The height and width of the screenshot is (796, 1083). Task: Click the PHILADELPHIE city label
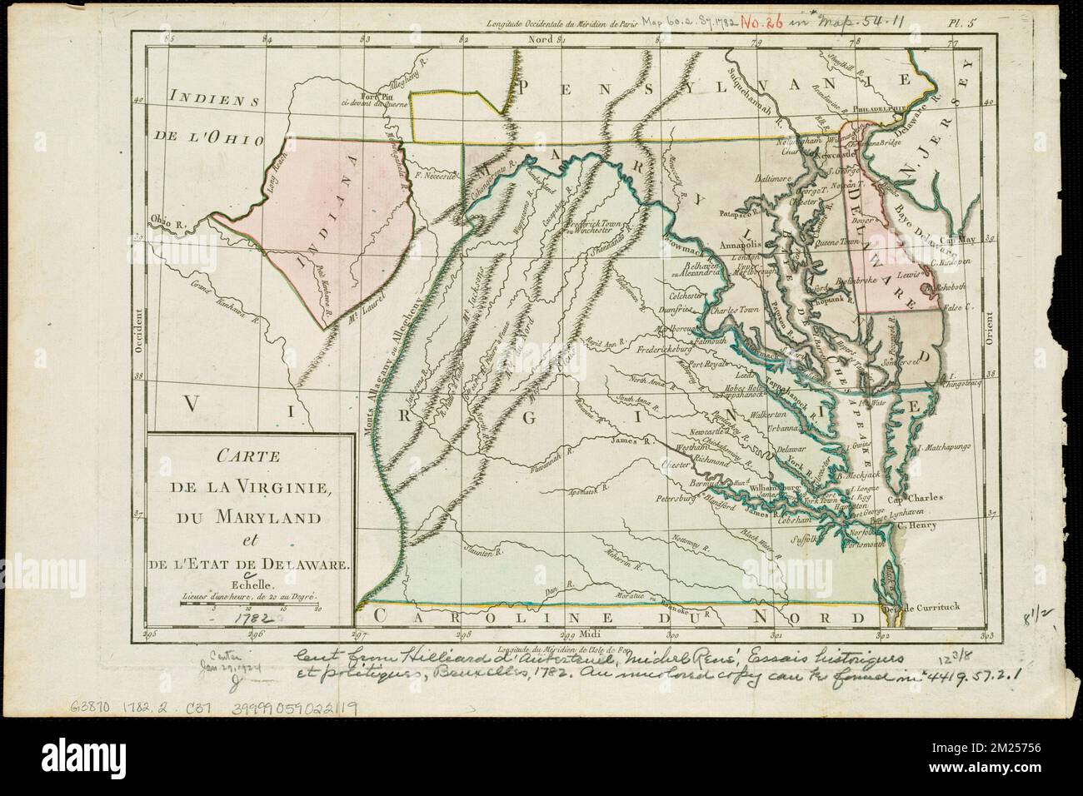(896, 107)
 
